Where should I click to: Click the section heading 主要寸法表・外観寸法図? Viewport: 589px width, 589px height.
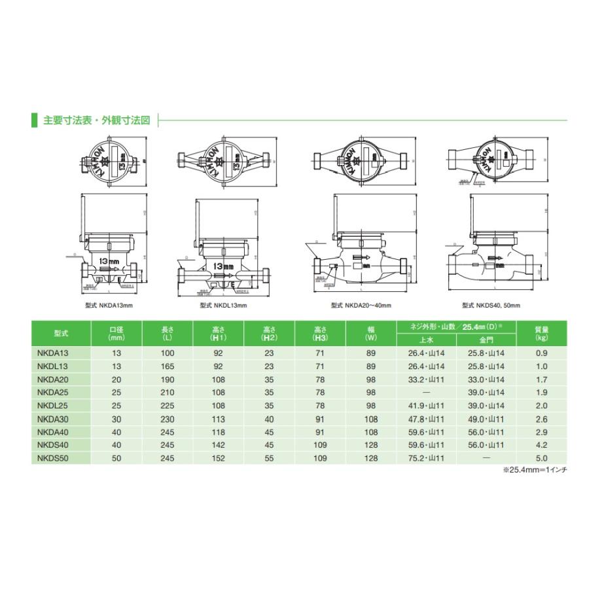click(97, 120)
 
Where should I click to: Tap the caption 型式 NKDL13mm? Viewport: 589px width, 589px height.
click(223, 305)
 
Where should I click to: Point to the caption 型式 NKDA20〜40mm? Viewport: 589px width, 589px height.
click(361, 305)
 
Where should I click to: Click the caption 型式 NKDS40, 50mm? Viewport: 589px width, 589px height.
click(491, 305)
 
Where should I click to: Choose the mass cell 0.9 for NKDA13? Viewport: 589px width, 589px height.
click(541, 354)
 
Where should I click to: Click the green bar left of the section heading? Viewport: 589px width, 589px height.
click(34, 120)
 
